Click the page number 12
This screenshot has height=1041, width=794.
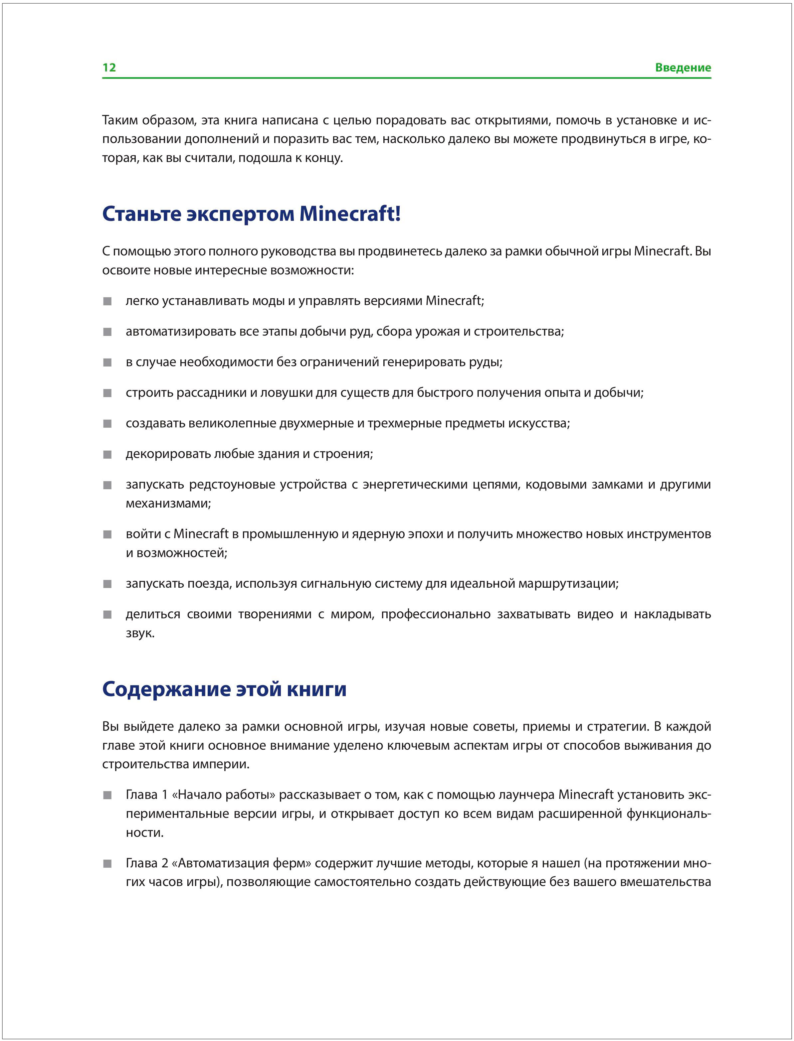click(x=109, y=68)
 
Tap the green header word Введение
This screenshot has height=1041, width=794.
click(x=683, y=68)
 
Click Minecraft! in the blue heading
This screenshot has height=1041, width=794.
click(x=350, y=214)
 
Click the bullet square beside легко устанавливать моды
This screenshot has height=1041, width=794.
click(x=108, y=301)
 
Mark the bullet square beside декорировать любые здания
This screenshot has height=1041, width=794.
click(x=108, y=454)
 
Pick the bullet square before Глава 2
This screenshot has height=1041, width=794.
click(x=108, y=864)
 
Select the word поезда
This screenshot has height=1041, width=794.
click(x=209, y=584)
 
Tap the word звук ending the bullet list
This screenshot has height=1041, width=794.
click(x=140, y=633)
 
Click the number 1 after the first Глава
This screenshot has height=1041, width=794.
click(x=165, y=795)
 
